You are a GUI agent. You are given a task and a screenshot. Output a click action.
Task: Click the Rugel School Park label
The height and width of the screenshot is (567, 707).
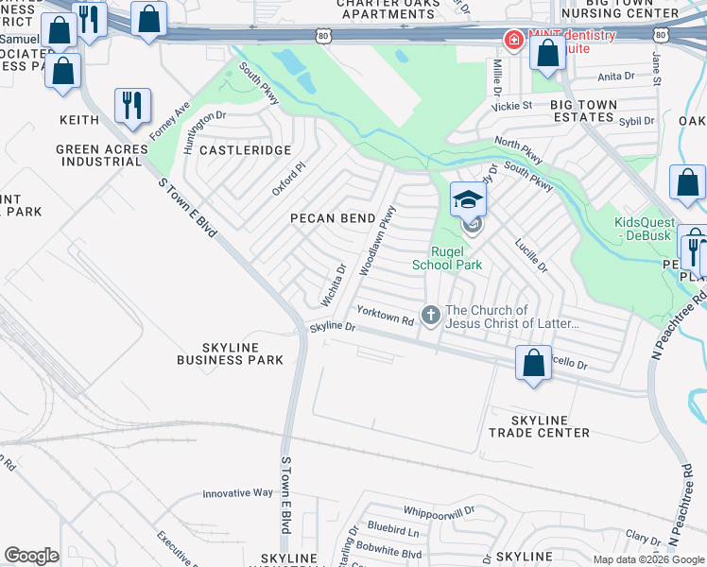pyautogui.click(x=446, y=258)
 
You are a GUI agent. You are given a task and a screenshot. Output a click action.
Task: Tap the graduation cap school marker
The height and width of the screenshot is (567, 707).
pyautogui.click(x=468, y=199)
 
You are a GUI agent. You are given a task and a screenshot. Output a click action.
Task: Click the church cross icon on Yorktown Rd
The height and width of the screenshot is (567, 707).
pyautogui.click(x=431, y=314)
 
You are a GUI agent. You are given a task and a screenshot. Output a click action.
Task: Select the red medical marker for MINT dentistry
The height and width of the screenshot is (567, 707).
pyautogui.click(x=513, y=40)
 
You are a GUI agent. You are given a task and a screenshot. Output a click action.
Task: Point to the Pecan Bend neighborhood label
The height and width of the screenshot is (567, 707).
pyautogui.click(x=332, y=218)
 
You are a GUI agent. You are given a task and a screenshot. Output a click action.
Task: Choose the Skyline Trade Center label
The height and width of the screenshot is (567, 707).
pyautogui.click(x=539, y=426)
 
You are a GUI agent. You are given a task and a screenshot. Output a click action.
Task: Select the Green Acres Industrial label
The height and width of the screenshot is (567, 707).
pyautogui.click(x=102, y=155)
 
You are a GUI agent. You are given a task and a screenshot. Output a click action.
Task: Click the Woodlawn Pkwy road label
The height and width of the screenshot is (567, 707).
pyautogui.click(x=375, y=242)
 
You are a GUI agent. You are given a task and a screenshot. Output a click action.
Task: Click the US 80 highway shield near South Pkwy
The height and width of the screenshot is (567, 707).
pyautogui.click(x=323, y=36)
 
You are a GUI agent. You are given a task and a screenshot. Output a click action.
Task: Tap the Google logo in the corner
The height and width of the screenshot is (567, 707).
pyautogui.click(x=31, y=556)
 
